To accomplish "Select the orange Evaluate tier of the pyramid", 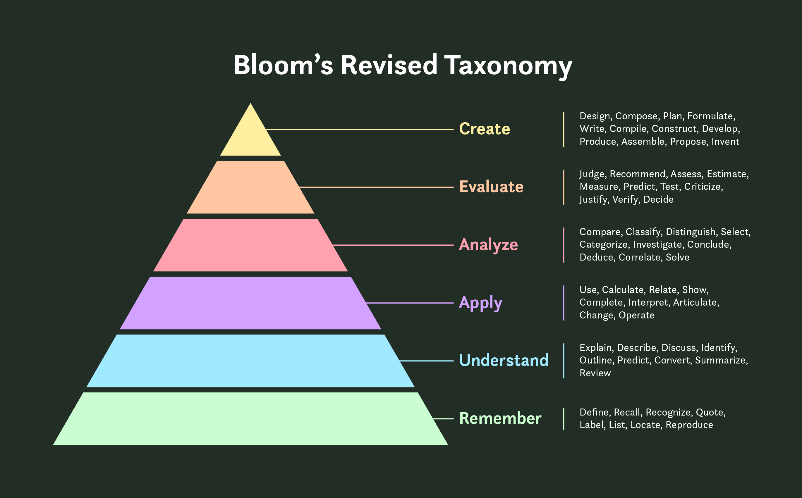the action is (x=250, y=187).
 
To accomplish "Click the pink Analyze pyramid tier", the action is (x=250, y=245).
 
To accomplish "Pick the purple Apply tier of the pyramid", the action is (x=250, y=303).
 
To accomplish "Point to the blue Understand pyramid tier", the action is (x=250, y=361).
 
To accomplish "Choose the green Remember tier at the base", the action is (x=250, y=419).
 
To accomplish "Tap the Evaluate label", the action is (x=491, y=187).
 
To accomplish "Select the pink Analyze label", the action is (x=489, y=245).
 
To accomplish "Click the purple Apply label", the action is (x=481, y=303).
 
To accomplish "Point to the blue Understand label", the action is (x=504, y=360).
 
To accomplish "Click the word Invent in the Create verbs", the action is (x=725, y=142).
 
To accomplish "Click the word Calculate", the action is (x=624, y=290).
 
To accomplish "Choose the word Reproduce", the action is (x=689, y=425).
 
